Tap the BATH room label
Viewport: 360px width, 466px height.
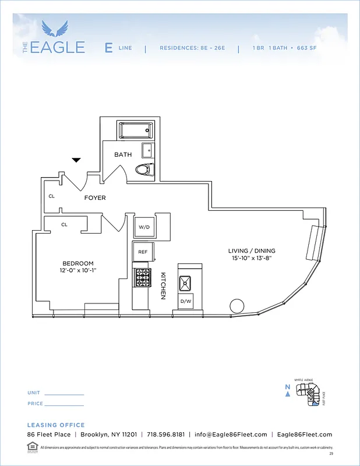(123, 154)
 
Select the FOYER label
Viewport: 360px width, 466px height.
(95, 198)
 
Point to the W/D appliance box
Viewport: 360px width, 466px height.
(144, 227)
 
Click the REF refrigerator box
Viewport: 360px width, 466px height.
(143, 252)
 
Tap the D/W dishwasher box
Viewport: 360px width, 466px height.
(186, 301)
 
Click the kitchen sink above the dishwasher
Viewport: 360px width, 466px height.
(186, 283)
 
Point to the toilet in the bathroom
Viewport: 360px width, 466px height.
(143, 170)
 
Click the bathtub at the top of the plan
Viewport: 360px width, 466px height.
(136, 130)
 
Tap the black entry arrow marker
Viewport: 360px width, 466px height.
(76, 160)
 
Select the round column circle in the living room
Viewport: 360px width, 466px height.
(237, 306)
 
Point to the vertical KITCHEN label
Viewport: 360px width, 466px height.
(164, 286)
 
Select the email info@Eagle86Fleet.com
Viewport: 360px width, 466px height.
(231, 435)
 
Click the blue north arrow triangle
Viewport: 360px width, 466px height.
(287, 394)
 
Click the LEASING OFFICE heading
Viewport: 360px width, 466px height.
(56, 425)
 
